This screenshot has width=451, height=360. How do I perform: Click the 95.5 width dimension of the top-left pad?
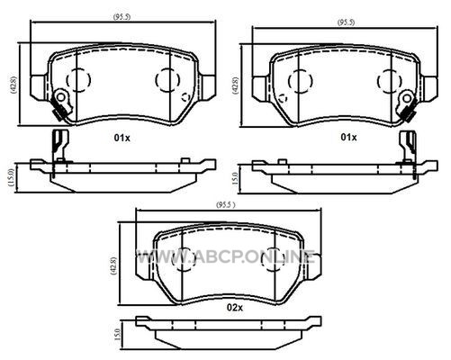[x=122, y=17]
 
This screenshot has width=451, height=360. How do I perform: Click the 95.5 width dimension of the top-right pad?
[x=346, y=22]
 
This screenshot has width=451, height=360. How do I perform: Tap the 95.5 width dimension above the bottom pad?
[x=226, y=205]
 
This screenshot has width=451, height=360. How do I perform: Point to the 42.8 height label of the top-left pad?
[x=14, y=85]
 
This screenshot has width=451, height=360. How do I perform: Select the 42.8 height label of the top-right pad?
[x=236, y=86]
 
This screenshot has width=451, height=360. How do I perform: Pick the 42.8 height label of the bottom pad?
[x=113, y=266]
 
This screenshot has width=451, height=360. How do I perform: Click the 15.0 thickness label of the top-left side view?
[x=11, y=178]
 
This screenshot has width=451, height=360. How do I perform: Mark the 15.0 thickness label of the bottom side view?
[x=118, y=334]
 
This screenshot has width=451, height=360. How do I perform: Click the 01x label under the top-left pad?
[x=122, y=138]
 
